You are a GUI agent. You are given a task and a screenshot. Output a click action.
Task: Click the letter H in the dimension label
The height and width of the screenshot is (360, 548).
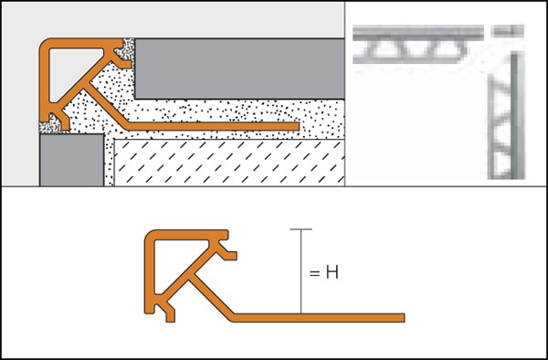point(332,272)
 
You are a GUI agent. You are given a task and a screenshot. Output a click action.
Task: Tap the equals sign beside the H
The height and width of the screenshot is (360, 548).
point(314,273)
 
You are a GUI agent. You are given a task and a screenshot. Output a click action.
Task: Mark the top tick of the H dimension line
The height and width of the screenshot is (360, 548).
point(300,229)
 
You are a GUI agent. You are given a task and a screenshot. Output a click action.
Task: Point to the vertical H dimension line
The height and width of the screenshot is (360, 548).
point(300,271)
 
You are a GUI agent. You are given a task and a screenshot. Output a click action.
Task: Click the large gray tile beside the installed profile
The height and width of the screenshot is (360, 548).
point(239,69)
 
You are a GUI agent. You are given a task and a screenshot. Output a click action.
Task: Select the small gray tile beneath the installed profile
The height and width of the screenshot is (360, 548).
point(71,160)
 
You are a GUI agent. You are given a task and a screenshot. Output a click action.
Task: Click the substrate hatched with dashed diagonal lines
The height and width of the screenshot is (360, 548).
point(229,163)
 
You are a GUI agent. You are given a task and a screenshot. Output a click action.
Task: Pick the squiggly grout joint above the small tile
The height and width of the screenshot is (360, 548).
point(50,126)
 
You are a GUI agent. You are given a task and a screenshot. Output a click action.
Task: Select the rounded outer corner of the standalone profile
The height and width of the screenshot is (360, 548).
point(151,236)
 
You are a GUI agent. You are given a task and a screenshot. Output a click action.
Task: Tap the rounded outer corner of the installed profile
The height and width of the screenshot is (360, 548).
point(45,44)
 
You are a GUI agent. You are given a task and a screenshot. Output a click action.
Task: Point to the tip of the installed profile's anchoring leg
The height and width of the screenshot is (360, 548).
point(298,126)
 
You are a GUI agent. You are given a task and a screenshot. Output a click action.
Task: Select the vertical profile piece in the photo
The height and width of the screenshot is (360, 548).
point(506,115)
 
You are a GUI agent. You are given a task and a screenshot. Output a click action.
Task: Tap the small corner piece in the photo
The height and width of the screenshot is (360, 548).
point(507,31)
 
